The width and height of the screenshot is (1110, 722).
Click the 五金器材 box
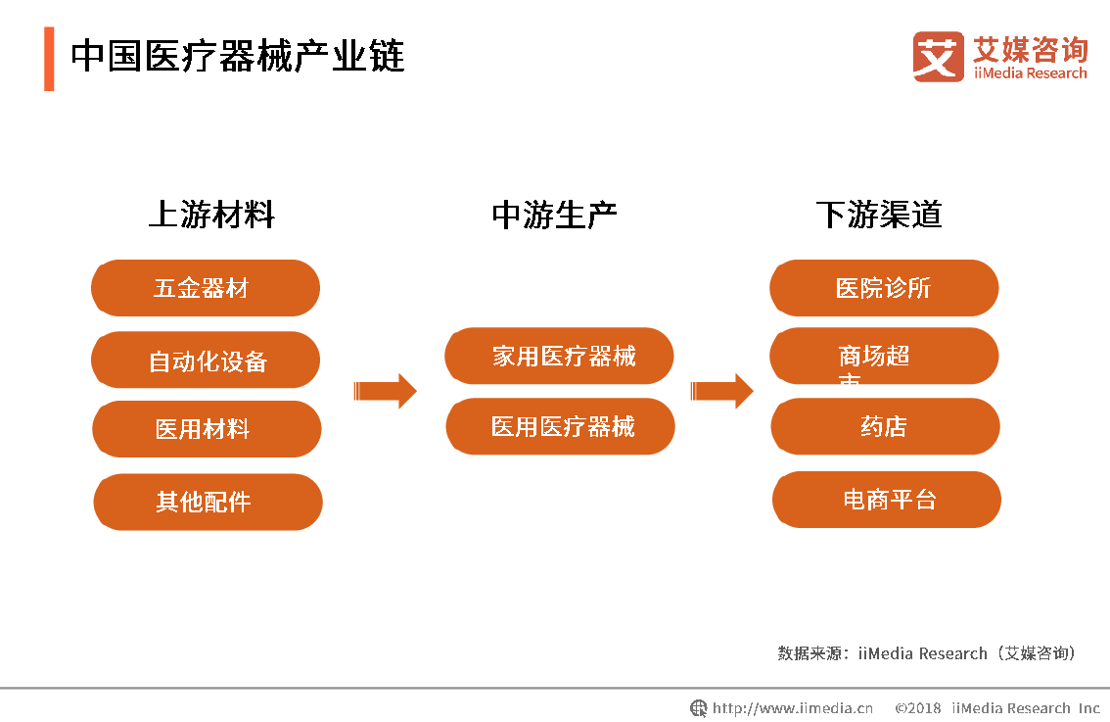(x=206, y=288)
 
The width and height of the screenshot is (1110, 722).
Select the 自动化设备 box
(x=206, y=361)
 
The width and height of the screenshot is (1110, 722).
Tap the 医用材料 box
(x=207, y=429)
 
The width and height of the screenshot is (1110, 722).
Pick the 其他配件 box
(x=208, y=502)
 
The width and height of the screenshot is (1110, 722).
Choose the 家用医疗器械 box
(x=559, y=356)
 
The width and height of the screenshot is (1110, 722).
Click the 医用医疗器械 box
(x=560, y=426)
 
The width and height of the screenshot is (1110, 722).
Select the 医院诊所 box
(x=884, y=288)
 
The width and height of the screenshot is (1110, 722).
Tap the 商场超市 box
(x=884, y=357)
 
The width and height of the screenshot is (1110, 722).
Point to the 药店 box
(x=885, y=426)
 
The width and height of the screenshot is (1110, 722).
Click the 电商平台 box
(x=887, y=500)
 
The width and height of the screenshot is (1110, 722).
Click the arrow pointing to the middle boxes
(x=386, y=392)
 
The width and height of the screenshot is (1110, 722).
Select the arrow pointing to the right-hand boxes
(x=722, y=392)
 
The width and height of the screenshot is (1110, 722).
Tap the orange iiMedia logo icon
(x=938, y=57)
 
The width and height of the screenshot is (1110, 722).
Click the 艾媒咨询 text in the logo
(x=1030, y=48)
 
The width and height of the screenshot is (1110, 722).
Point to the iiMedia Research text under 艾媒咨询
(x=1030, y=73)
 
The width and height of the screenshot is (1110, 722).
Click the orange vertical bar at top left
(x=49, y=59)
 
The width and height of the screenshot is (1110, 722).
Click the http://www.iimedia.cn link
(x=793, y=708)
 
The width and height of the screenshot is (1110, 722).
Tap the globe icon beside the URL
(x=699, y=708)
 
